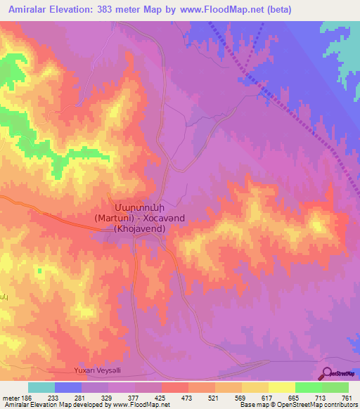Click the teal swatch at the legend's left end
coord(41,388)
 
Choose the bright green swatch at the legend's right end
coord(335,388)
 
